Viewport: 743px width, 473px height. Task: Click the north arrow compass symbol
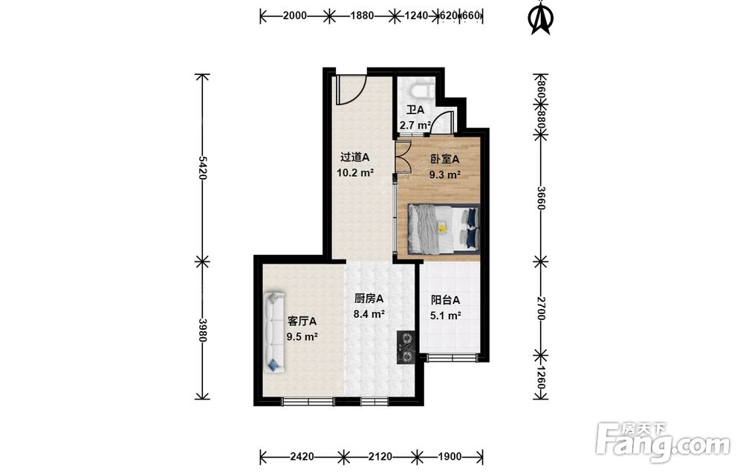click(541, 19)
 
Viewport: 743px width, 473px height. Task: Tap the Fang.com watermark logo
click(663, 443)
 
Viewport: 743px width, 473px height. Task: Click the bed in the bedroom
click(444, 228)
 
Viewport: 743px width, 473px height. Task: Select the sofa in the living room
click(274, 333)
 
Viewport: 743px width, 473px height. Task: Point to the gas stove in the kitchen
click(406, 347)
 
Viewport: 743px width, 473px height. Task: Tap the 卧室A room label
click(444, 160)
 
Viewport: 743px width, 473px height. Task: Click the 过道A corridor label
click(355, 157)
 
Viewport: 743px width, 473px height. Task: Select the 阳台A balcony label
click(445, 300)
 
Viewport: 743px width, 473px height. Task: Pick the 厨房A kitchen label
click(369, 299)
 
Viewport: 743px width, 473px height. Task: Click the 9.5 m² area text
click(302, 337)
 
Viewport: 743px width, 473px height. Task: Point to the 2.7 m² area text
click(415, 126)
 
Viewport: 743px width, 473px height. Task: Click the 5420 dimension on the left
click(202, 168)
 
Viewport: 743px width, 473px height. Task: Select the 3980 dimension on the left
click(202, 330)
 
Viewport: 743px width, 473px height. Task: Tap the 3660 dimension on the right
click(541, 198)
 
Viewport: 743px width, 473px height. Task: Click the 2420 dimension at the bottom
click(302, 457)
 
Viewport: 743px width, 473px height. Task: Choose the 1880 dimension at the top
click(362, 16)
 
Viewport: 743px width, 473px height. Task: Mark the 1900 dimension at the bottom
click(450, 457)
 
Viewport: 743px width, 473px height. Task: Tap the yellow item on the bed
click(442, 228)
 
